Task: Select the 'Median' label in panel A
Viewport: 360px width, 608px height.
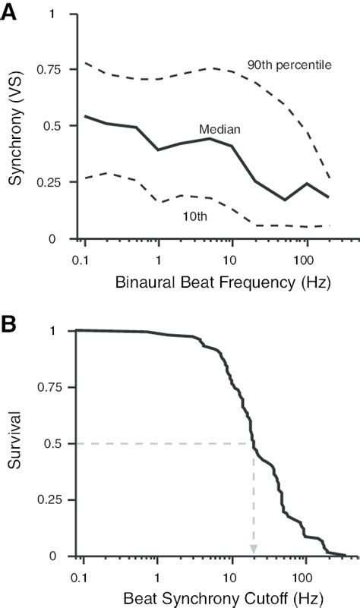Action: pyautogui.click(x=216, y=130)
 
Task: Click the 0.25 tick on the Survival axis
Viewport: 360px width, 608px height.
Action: pyautogui.click(x=49, y=499)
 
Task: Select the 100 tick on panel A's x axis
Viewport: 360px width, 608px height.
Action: pyautogui.click(x=307, y=259)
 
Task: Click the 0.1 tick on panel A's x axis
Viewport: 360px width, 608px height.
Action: pyautogui.click(x=84, y=259)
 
